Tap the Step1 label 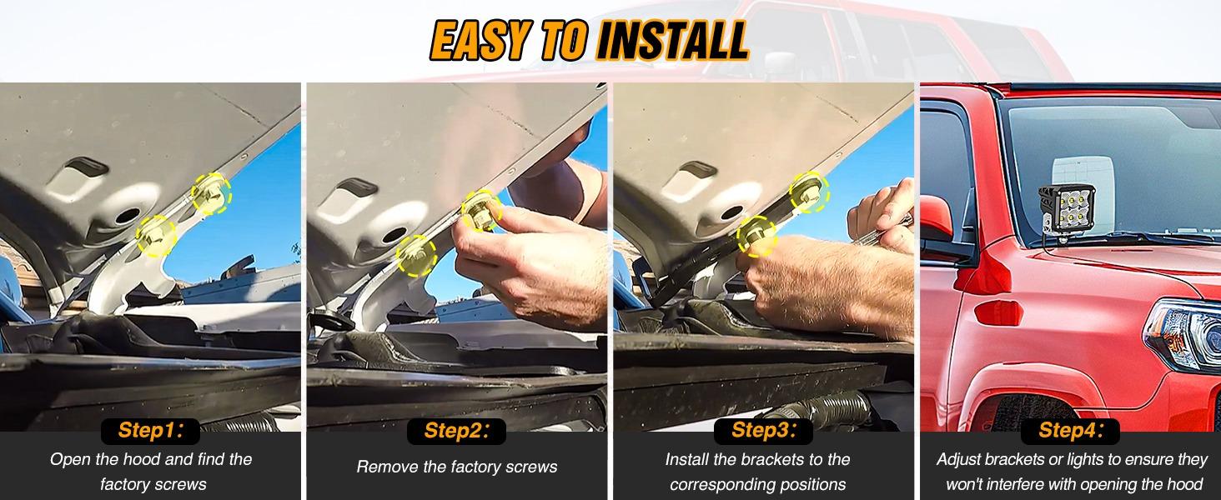click(x=150, y=431)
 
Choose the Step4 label click(x=1070, y=431)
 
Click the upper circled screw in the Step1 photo click(x=210, y=194)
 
